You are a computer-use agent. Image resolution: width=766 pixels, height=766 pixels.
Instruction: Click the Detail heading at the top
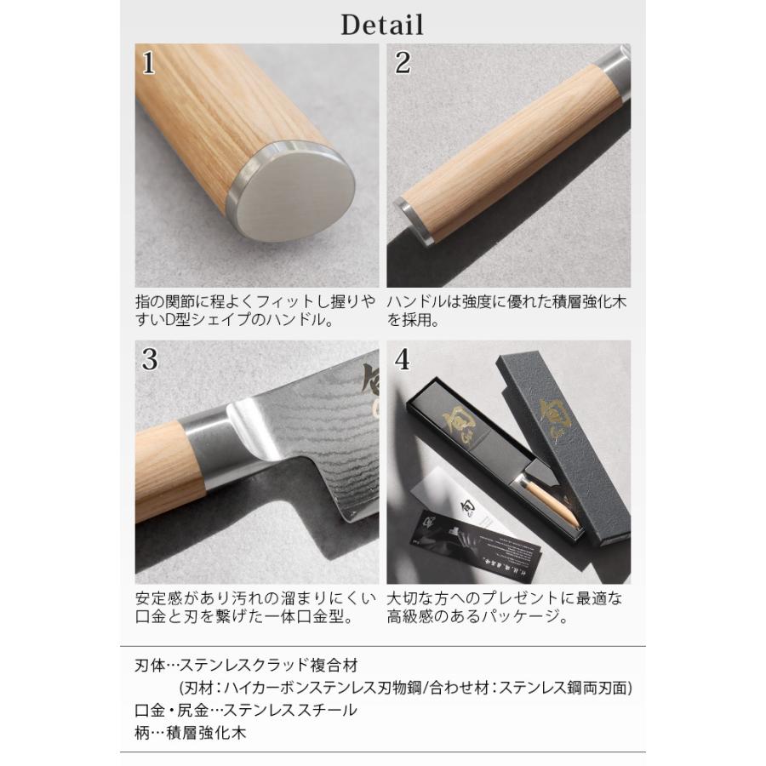coord(382,24)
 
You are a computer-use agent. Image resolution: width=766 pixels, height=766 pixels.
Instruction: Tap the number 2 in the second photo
coord(403,62)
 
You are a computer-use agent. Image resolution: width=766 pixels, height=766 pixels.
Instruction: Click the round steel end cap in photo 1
coord(294,195)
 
